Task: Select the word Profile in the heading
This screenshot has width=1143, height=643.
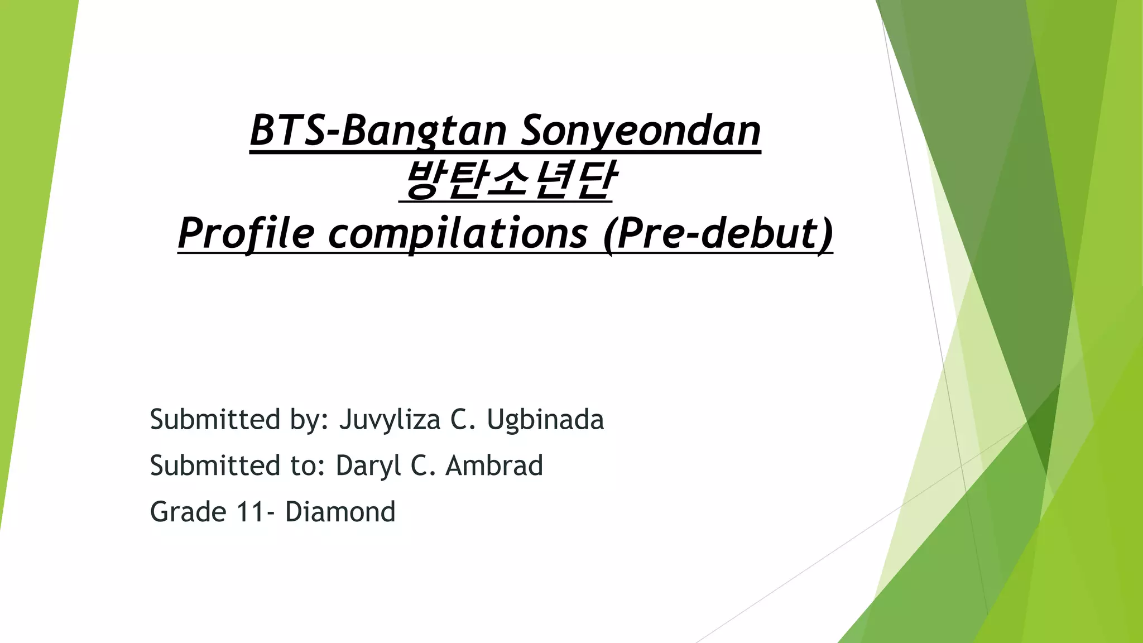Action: (x=246, y=233)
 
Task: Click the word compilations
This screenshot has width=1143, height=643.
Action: (x=457, y=233)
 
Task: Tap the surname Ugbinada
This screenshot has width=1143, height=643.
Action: (x=545, y=420)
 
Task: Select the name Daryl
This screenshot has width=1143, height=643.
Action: (x=368, y=466)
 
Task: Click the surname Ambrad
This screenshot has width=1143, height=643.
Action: (x=494, y=466)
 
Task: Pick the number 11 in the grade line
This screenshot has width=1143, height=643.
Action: (x=251, y=512)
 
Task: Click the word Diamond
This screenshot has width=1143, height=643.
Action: (x=340, y=512)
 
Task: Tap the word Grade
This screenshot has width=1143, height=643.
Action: (x=188, y=512)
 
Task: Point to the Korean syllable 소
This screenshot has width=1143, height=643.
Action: (x=507, y=181)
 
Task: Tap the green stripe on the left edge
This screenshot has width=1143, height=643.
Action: (x=28, y=223)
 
